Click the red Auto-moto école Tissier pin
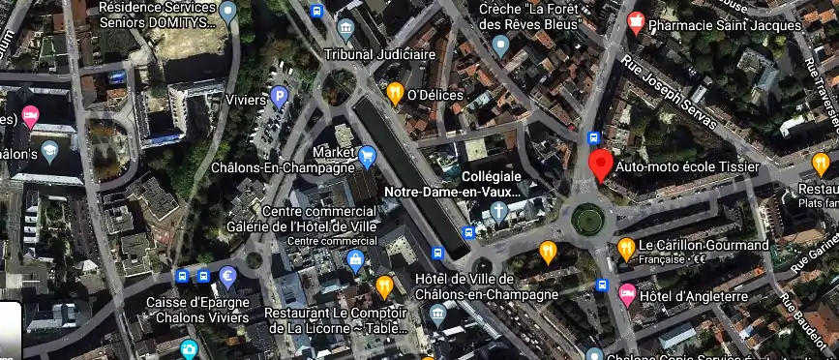(600, 165)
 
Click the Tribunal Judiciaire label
(379, 54)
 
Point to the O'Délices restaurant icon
(395, 93)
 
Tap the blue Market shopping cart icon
(367, 155)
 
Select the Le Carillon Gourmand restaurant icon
(625, 247)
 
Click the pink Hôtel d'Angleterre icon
(626, 293)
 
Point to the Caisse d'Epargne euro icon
(228, 276)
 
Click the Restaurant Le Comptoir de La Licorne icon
(384, 285)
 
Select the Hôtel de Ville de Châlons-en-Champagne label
(486, 286)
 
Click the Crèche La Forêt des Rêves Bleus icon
(500, 44)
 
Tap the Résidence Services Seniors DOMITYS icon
(228, 13)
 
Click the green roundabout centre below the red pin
(587, 221)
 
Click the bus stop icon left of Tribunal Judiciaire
(315, 12)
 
